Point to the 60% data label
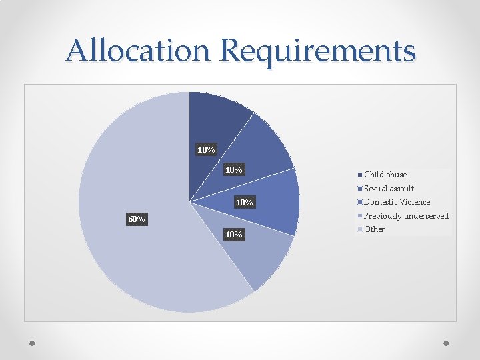point(136,219)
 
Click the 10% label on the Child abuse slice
point(206,149)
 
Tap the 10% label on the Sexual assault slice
point(234,170)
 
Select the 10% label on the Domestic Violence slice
point(244,202)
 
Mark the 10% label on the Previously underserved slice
point(234,234)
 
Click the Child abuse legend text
point(385,175)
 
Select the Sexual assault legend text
point(389,189)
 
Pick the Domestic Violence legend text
point(397,202)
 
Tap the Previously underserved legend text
point(407,216)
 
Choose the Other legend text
point(375,229)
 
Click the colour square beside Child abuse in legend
point(360,175)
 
